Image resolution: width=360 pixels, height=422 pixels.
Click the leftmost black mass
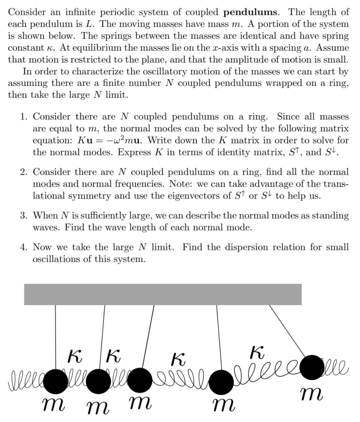pos(55,381)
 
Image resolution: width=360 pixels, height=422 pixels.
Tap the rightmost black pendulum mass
pos(311,367)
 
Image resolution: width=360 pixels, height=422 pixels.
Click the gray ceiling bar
pos(163,294)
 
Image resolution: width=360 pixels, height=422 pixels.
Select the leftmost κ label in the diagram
pos(75,356)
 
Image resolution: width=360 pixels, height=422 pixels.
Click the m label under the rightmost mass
pos(311,394)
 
